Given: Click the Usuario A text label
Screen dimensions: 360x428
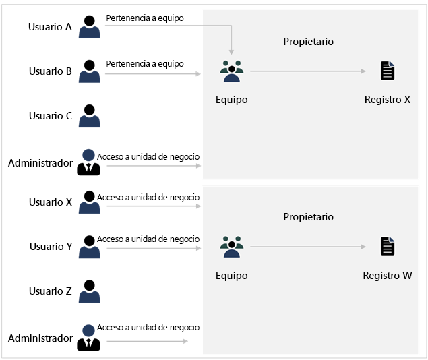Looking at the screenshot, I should (50, 27).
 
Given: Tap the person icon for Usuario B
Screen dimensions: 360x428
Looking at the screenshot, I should (89, 71).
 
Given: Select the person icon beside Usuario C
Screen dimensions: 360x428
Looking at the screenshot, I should (89, 116).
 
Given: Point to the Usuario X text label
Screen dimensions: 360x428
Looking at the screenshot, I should (51, 202).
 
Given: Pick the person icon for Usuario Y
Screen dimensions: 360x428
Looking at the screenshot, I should (89, 247).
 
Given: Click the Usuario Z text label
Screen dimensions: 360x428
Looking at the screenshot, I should (51, 291).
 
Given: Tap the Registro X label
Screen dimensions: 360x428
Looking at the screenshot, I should (387, 100).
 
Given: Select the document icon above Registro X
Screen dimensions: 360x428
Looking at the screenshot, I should (388, 71).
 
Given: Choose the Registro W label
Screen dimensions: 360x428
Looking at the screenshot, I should (387, 276).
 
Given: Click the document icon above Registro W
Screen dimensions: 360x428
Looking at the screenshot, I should (388, 247).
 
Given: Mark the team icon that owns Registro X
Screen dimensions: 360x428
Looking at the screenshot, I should (231, 71).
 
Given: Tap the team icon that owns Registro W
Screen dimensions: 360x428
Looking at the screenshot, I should (231, 247).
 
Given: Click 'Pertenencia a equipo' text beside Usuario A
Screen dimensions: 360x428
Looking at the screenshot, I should (144, 17).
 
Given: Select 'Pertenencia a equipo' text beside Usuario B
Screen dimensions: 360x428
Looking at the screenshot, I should (144, 64).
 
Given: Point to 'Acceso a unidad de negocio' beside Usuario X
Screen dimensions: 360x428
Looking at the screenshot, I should (148, 197).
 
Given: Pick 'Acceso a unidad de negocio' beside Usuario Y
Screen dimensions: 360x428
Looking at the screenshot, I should (148, 239).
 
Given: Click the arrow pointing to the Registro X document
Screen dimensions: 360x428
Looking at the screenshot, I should (307, 71).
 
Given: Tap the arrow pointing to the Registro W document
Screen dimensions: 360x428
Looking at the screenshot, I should (307, 247).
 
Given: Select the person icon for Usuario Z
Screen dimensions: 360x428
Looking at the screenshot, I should (89, 291).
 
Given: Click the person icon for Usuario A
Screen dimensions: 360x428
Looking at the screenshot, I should (89, 27).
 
